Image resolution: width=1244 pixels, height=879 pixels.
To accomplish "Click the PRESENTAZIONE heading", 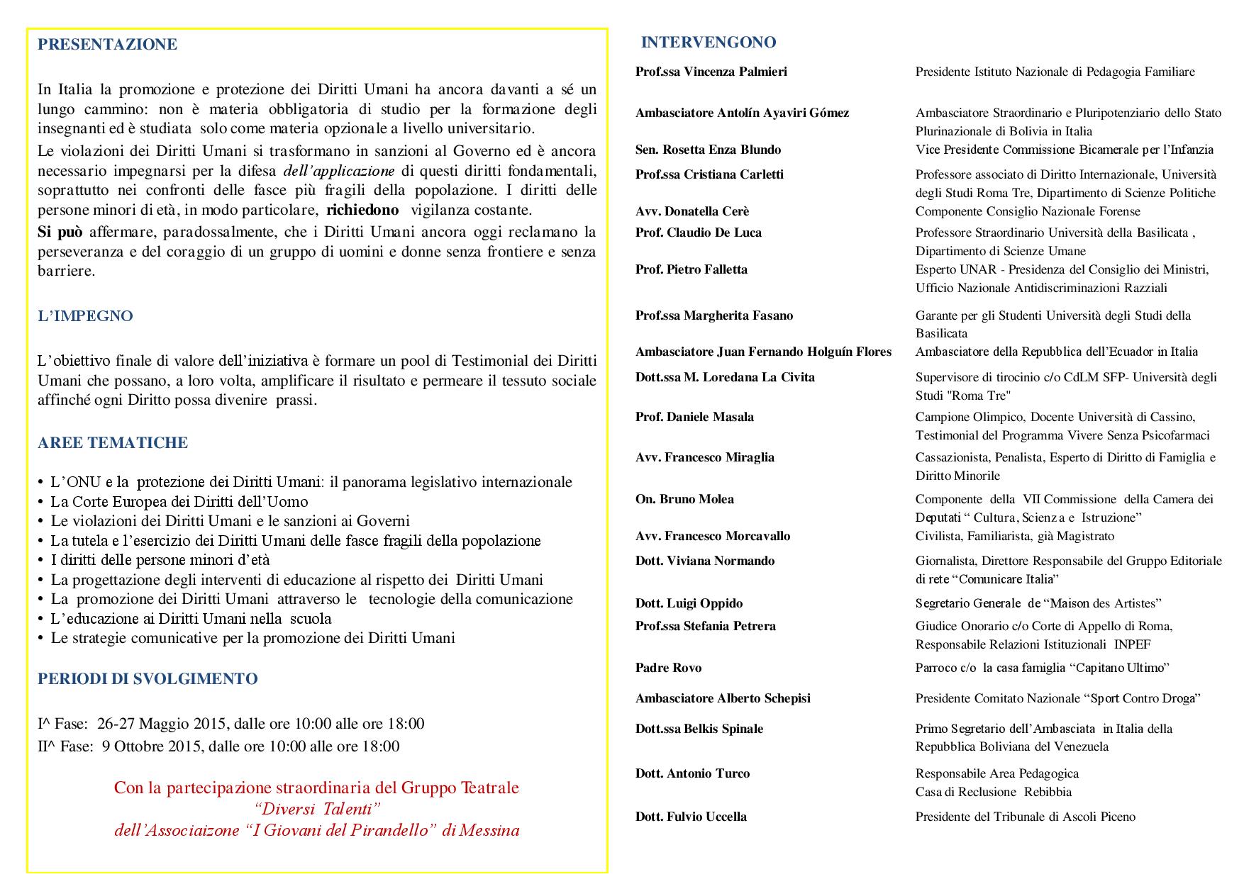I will point(107,45).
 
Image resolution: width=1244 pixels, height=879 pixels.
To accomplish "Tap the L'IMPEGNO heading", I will point(85,316).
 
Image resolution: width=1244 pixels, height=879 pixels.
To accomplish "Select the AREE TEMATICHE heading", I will point(113,443).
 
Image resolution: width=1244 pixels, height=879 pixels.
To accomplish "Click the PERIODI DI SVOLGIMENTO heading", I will point(148,679).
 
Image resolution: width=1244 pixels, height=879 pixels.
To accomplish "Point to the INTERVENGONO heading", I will point(709,43).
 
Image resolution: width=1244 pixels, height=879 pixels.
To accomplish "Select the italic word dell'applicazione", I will point(339,171).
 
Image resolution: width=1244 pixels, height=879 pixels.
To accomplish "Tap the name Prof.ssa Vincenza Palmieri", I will point(711,72).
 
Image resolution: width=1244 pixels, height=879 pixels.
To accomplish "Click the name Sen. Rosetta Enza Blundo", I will point(708,150).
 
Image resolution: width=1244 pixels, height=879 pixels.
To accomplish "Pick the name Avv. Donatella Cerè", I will point(692,211).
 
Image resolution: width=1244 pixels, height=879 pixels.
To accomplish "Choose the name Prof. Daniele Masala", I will point(694,417).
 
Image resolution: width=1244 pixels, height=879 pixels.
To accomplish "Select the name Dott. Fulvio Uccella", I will point(691,817).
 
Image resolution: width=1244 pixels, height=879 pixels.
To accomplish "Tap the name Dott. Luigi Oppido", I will point(689,603).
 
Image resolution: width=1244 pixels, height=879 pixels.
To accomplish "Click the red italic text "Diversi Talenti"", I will point(317,810).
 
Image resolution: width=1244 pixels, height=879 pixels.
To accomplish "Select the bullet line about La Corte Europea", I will point(179,502).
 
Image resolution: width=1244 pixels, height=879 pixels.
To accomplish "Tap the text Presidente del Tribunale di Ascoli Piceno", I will point(1025,817).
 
